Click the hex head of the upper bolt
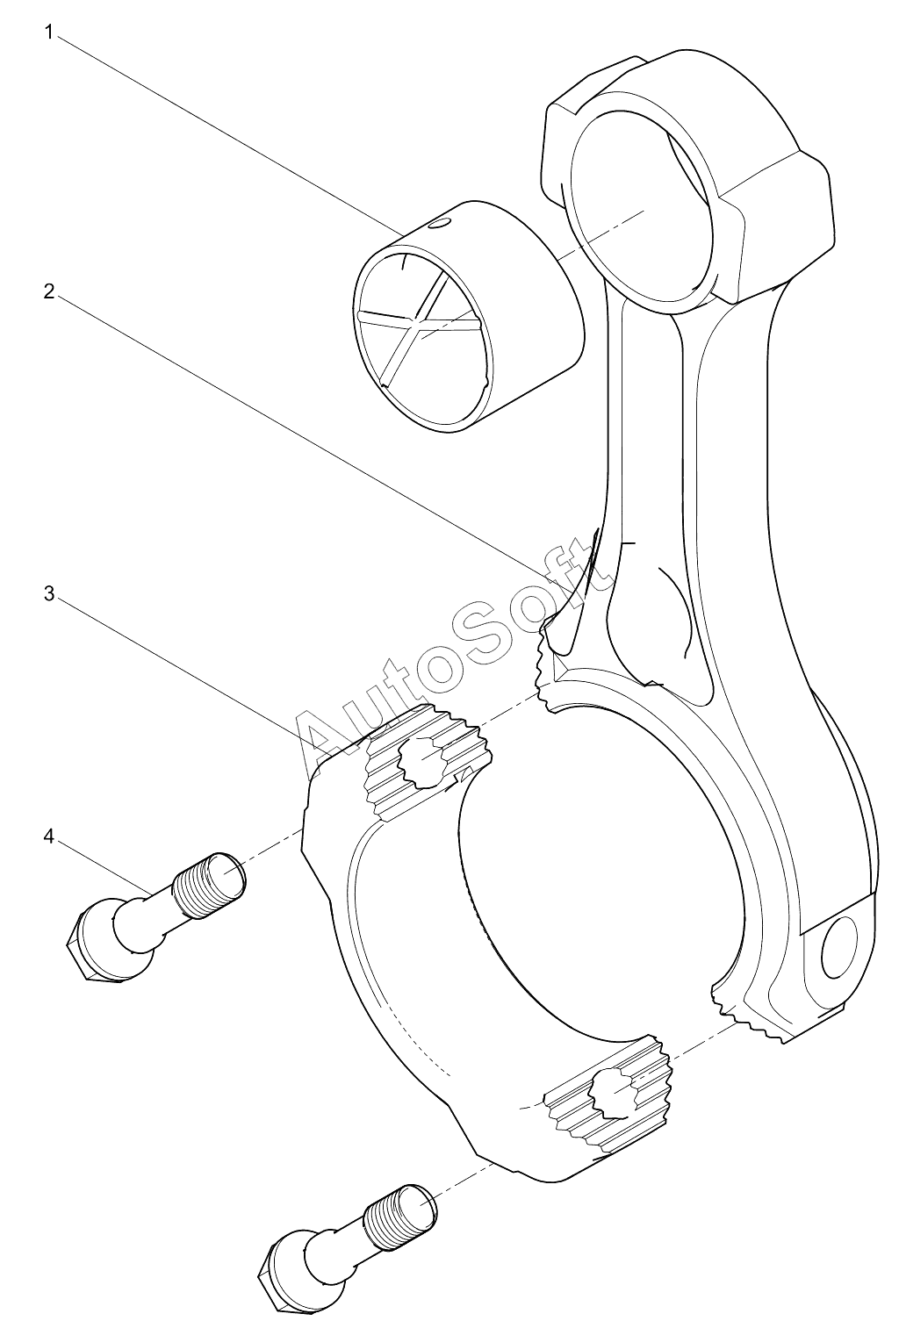pos(92,948)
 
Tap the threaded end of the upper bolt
pos(211,885)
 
